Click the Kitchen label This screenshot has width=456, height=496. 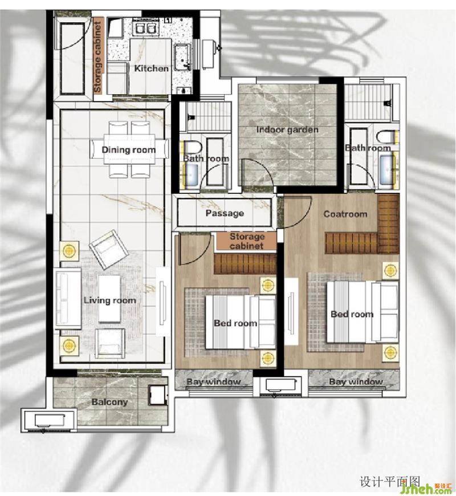coord(151,68)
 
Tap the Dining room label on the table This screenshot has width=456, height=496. coord(128,150)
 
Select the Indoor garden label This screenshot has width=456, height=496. coord(287,129)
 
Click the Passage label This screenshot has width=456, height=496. coord(225,213)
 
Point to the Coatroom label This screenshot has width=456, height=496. coord(345,214)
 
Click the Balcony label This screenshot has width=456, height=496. coord(109,402)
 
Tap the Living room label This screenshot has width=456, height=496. coord(110,300)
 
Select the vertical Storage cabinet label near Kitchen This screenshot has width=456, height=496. coord(97,57)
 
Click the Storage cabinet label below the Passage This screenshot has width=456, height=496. coord(247,241)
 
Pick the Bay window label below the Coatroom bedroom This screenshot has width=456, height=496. coord(356,382)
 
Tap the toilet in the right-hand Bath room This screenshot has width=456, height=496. coord(386,137)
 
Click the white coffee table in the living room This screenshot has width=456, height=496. coord(109,299)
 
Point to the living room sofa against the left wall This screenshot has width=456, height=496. coord(68,299)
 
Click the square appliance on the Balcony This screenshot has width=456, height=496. coord(157,395)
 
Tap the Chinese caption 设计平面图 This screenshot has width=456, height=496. coord(389,481)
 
